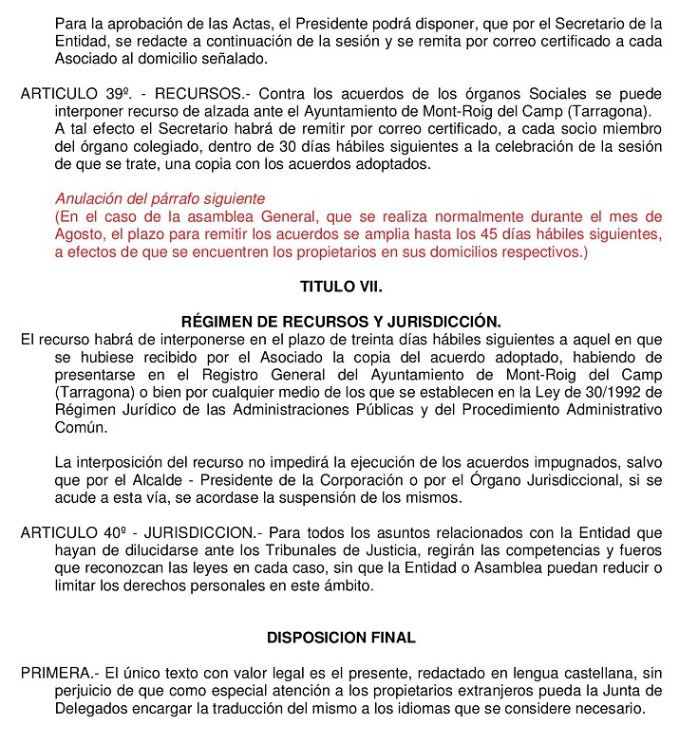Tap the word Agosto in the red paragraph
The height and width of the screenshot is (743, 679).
coord(79,233)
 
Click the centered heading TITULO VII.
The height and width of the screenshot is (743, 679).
coord(340,285)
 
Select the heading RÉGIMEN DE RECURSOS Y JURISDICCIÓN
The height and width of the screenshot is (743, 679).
coord(340,321)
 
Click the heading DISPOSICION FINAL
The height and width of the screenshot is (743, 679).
coord(340,637)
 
